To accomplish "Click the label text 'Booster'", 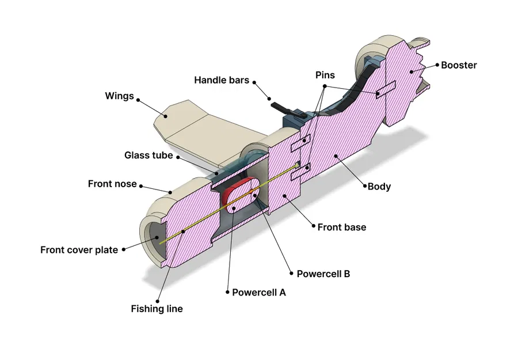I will coord(459,65).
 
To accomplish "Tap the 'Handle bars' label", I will coord(222,80).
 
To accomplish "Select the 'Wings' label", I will coord(119,96).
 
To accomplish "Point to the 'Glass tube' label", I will coord(148,156).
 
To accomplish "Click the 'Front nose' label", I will coord(112,184).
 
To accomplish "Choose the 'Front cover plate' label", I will coord(79,250).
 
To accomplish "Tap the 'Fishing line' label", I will coord(157,309).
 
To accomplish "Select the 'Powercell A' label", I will coord(259,292).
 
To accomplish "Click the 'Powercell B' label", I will coord(323,274).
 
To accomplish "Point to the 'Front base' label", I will coord(341,227).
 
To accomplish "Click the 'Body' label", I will coord(379,186).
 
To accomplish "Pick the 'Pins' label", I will coord(325,75).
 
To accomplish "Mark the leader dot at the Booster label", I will coord(436,65).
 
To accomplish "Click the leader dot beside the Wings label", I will coord(139,97).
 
